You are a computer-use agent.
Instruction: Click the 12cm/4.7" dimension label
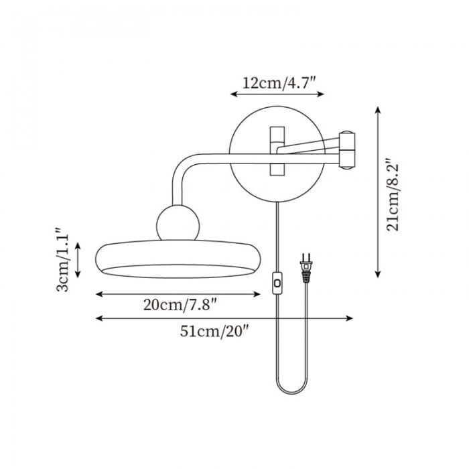pos(279,83)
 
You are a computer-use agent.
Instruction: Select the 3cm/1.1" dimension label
pos(62,260)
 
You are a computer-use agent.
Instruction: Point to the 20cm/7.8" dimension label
pos(180,305)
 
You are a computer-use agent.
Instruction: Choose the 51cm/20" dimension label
pos(215,331)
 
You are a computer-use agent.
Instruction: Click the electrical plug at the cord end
pos(306,268)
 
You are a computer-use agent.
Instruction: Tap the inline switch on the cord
pos(277,283)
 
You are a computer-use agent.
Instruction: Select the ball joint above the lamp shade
pos(178,223)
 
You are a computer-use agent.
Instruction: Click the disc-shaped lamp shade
pos(178,259)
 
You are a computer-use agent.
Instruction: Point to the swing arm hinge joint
pos(347,150)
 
